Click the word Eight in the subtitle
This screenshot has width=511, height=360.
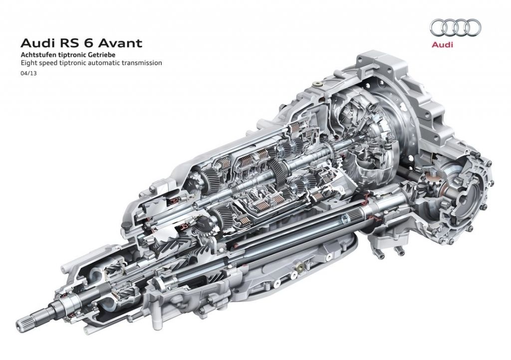28,63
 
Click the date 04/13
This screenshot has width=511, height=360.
28,74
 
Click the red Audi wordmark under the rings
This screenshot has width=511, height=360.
442,44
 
